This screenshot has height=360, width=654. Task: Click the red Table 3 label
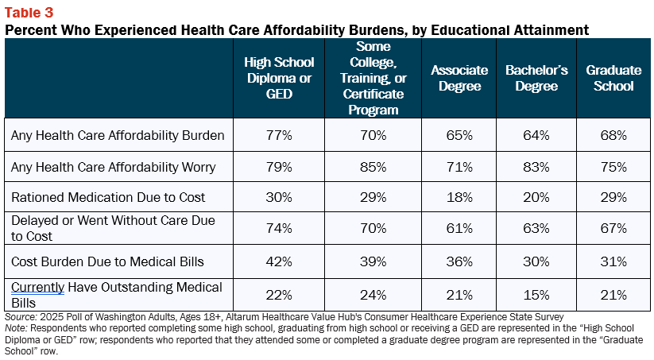coord(29,13)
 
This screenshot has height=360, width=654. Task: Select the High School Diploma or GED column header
coord(279,78)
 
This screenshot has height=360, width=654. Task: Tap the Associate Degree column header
coord(459,78)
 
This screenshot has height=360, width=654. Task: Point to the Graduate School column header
coord(613,78)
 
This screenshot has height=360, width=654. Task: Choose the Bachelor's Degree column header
coord(536,78)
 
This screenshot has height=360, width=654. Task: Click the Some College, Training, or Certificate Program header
coord(373,78)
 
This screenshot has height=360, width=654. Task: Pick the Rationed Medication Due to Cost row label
coord(108,197)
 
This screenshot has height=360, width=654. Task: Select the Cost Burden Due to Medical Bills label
coord(107,261)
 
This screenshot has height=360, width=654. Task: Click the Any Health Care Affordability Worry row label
coord(114,167)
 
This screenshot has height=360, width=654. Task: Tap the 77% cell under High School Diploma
coord(279,135)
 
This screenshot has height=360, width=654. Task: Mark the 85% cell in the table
coord(373,167)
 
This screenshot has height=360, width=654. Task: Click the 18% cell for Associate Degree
coord(459,197)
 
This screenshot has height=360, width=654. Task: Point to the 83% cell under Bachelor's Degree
coord(536,167)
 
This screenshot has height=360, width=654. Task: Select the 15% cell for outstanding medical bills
coord(536,295)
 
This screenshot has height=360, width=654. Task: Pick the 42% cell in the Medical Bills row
coord(279,261)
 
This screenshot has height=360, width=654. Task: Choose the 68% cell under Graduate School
coord(613,135)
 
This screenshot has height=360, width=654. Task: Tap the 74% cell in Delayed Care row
coord(279,228)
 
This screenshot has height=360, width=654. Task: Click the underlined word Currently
coord(37,288)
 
